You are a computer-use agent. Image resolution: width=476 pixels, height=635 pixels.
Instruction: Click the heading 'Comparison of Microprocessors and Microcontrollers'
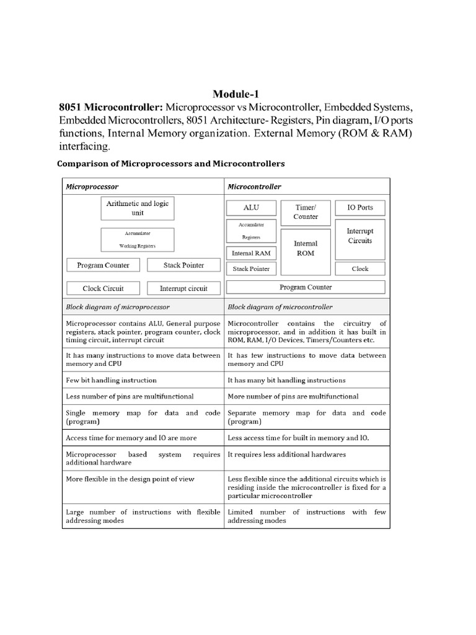point(170,164)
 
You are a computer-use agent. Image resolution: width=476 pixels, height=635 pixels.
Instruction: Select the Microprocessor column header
point(92,186)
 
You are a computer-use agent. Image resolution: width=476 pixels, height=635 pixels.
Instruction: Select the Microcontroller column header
point(254,186)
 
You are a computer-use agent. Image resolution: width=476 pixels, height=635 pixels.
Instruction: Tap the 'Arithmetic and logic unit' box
point(137,208)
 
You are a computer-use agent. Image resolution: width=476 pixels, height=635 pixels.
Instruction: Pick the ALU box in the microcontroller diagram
point(251,207)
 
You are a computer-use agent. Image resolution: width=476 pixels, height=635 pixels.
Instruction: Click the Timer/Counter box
point(306,212)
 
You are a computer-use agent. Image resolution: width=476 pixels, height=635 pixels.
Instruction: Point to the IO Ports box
point(360,207)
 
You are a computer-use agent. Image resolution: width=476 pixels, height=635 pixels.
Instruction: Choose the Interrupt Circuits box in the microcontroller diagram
point(360,239)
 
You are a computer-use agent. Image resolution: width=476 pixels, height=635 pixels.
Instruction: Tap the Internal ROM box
point(306,249)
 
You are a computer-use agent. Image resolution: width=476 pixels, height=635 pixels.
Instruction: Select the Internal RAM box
point(251,253)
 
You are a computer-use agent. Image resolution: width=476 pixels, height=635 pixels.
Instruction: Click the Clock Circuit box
point(104,288)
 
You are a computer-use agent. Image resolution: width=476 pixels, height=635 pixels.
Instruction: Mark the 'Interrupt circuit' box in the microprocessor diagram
point(183,288)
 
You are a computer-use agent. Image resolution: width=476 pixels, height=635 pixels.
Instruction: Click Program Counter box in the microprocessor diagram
point(104,265)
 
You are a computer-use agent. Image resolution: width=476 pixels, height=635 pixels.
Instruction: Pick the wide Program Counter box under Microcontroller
point(306,287)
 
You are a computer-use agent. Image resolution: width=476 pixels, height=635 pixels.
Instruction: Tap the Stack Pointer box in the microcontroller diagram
point(251,269)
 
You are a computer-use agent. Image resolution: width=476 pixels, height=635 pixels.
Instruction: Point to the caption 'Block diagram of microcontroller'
point(280,307)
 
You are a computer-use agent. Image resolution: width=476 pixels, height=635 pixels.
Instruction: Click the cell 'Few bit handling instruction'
point(112,380)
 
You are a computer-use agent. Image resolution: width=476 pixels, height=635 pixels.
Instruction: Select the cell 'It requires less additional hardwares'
point(287,455)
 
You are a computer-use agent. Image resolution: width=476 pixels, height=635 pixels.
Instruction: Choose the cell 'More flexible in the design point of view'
point(130,479)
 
